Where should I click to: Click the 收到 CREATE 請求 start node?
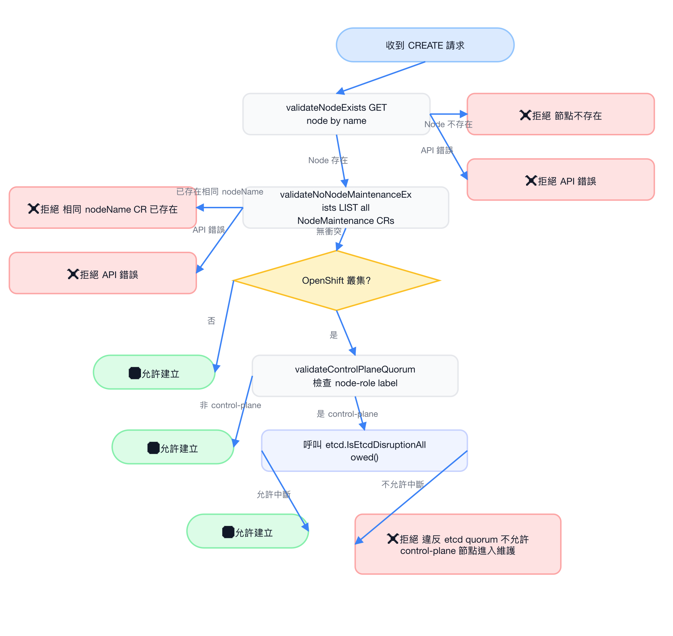click(425, 45)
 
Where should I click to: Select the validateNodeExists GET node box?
click(336, 114)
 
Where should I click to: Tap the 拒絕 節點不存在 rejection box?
click(560, 114)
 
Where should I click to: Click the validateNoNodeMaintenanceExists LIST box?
click(346, 208)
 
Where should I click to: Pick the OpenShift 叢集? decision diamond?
click(336, 280)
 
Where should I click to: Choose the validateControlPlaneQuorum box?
click(355, 376)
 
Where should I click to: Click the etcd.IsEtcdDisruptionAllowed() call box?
click(364, 451)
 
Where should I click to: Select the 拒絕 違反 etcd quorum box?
click(458, 544)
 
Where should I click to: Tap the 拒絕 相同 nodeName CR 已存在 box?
click(103, 208)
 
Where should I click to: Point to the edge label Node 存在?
click(328, 160)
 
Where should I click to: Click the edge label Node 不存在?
click(448, 124)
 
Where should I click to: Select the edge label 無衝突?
click(329, 231)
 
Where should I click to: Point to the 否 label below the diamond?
click(211, 321)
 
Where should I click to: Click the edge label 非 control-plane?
click(230, 405)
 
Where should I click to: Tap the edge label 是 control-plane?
click(347, 414)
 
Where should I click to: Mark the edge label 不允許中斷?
click(402, 484)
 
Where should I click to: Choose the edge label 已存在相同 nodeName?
click(220, 191)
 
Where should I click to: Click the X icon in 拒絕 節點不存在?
click(525, 115)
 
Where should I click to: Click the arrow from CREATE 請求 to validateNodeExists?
click(381, 77)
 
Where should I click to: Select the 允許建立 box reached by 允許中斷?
click(247, 531)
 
